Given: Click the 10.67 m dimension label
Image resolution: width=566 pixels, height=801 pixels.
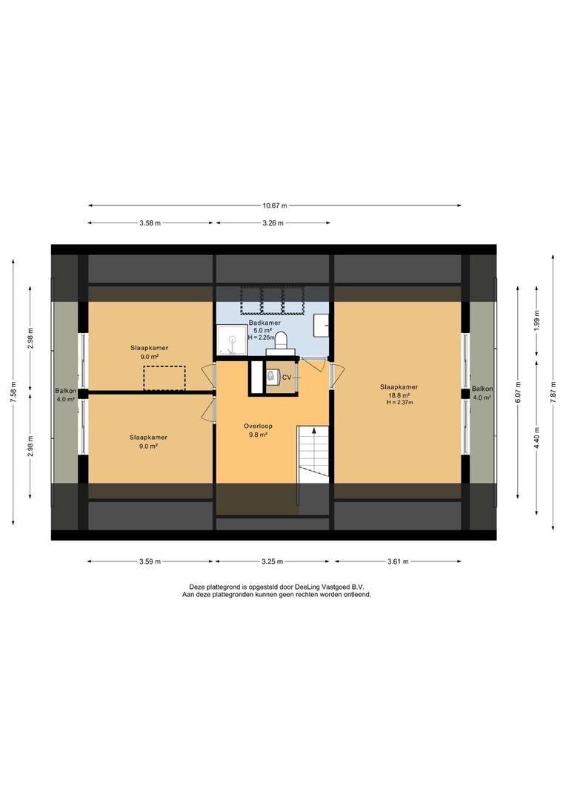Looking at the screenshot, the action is click(275, 205).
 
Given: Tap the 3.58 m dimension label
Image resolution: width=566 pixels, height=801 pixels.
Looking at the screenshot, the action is click(150, 222).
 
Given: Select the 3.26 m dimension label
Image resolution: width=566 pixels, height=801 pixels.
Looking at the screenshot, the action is click(273, 222).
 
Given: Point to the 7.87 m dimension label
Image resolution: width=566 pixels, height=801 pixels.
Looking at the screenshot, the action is click(553, 392).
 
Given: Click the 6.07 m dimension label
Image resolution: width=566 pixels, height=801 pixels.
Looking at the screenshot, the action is click(518, 392).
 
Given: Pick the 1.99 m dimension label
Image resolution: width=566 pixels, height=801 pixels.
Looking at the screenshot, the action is click(536, 320).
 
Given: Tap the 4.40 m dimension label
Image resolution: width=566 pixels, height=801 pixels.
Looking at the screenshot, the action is click(536, 438).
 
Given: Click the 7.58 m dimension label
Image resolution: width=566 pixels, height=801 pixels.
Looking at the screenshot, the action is click(13, 392).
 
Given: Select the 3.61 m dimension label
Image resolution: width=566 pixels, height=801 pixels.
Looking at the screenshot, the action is click(398, 561).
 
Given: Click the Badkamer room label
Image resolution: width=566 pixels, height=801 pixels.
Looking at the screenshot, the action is click(264, 323).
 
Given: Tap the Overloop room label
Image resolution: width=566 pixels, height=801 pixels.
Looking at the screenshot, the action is click(259, 426).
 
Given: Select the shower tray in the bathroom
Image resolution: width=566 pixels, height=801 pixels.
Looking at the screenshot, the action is click(232, 340).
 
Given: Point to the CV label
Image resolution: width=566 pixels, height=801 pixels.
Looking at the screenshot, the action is click(287, 378).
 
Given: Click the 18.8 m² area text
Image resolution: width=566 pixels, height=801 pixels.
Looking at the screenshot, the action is click(399, 395).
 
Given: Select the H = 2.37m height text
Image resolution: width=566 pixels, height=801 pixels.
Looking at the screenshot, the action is click(399, 403).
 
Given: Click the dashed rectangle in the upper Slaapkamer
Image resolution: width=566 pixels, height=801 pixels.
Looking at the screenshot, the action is click(164, 378).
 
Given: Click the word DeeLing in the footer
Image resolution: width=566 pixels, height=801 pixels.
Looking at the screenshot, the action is click(307, 587).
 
